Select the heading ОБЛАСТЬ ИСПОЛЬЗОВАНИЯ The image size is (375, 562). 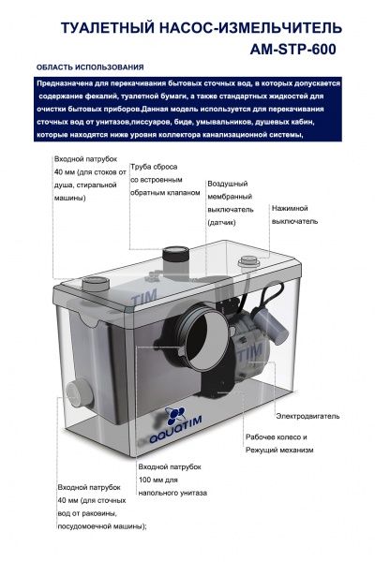89,68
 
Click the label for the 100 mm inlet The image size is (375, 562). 172,479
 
